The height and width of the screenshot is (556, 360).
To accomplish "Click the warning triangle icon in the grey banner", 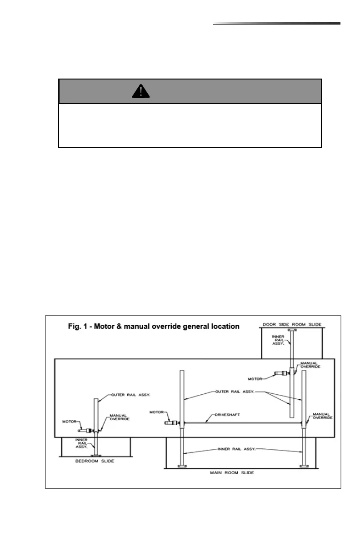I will pos(141,91).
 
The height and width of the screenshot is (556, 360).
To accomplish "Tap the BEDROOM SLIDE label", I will pos(95,461).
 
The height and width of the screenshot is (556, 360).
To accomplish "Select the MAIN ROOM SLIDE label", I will pos(232,472).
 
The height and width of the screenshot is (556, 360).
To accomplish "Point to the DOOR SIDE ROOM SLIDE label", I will pos(292,324).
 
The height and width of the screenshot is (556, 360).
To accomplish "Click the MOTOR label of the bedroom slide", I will pos(70,421).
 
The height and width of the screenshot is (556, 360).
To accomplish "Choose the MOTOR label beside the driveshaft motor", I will pos(157,412).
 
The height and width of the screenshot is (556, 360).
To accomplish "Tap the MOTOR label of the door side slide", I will pos(255,378).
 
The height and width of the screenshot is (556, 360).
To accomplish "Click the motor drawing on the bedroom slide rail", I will pos(86,430).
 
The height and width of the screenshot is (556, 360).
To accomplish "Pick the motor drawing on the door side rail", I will pos(280,375).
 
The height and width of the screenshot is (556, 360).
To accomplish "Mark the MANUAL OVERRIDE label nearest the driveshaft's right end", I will pos(322,415).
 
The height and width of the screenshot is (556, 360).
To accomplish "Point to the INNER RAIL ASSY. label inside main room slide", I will pos(237,448).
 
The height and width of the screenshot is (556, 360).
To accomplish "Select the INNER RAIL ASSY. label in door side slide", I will pos(278,340).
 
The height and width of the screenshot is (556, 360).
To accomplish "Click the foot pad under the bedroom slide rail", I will pos(96,455).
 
